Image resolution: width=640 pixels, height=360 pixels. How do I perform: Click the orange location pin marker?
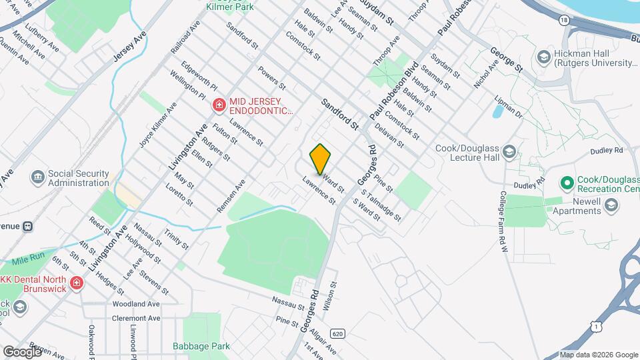tap(321, 159)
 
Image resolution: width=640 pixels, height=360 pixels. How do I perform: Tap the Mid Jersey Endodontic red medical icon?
tap(219, 105)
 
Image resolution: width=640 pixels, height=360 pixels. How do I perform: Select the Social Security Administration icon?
tap(37, 177)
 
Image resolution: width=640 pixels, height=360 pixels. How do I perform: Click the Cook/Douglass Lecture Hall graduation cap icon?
tap(509, 151)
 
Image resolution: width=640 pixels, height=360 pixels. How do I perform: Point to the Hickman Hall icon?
tap(544, 57)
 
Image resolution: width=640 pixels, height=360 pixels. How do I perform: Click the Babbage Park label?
tap(201, 346)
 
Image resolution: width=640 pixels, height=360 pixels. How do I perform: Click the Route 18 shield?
tap(565, 21)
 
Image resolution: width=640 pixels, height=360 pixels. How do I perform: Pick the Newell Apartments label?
tap(577, 211)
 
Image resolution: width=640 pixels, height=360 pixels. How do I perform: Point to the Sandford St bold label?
tap(340, 113)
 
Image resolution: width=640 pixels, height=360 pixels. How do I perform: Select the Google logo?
tap(22, 351)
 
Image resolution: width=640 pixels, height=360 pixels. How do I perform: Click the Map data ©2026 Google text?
tap(599, 355)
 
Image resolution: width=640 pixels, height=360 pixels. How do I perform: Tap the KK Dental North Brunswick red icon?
tap(77, 283)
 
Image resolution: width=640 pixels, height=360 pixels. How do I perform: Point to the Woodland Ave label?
tap(137, 303)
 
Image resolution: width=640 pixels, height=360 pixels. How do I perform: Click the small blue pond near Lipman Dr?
tap(498, 111)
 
